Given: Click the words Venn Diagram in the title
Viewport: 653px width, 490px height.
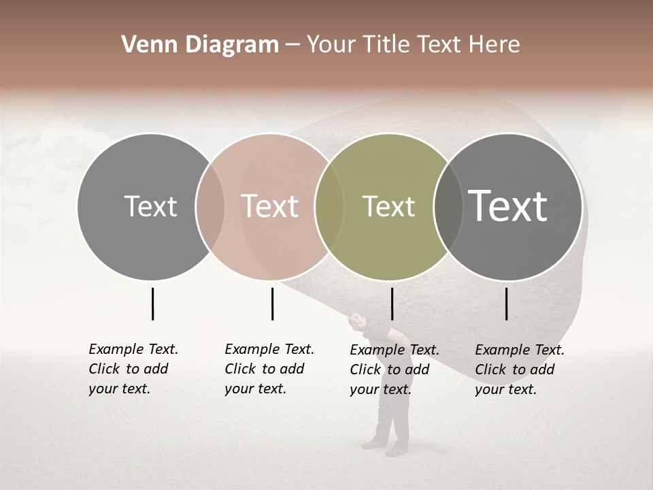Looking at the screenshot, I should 200,45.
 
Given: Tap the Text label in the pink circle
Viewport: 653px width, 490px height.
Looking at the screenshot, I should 269,206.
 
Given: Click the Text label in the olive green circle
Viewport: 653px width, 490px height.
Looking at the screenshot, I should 388,206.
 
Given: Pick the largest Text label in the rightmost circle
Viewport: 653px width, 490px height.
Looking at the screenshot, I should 507,206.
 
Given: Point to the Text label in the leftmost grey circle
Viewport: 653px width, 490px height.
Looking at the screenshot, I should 150,206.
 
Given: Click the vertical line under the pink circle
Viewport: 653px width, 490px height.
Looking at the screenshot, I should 272,304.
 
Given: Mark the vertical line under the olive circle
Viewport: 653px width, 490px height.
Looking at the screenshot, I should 392,304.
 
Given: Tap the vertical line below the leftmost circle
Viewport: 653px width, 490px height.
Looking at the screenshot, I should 153,304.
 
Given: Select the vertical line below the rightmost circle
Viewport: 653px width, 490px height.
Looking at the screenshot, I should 507,304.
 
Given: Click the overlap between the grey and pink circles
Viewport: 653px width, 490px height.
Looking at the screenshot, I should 210,206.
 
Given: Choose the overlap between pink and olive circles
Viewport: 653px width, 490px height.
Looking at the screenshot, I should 329,206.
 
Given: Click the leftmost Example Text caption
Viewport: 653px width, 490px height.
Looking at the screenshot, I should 133,369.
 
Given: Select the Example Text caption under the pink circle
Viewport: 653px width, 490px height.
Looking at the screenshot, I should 269,369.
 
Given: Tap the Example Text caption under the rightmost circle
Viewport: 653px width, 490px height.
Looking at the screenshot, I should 519,370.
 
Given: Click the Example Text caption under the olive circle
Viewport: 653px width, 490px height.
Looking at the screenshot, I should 394,370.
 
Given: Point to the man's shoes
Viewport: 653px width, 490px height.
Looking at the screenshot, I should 384,448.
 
